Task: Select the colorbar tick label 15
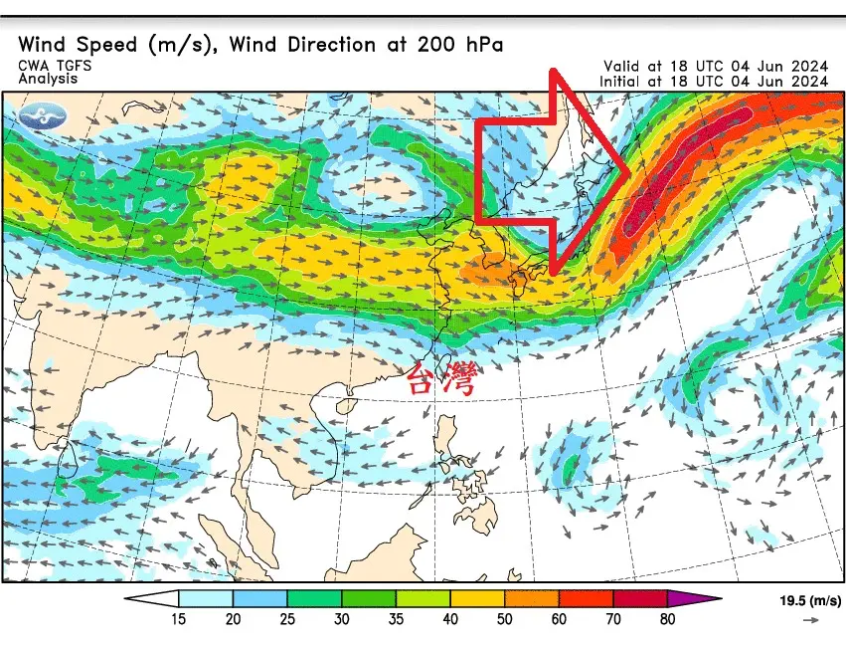(x=179, y=618)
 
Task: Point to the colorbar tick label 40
(x=450, y=618)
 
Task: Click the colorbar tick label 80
(x=667, y=618)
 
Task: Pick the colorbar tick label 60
(x=559, y=618)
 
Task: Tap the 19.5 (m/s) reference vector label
(x=809, y=601)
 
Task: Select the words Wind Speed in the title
(x=83, y=45)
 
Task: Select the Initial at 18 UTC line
(x=714, y=81)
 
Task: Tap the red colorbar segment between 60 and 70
(x=586, y=599)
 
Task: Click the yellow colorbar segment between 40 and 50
(x=477, y=599)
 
